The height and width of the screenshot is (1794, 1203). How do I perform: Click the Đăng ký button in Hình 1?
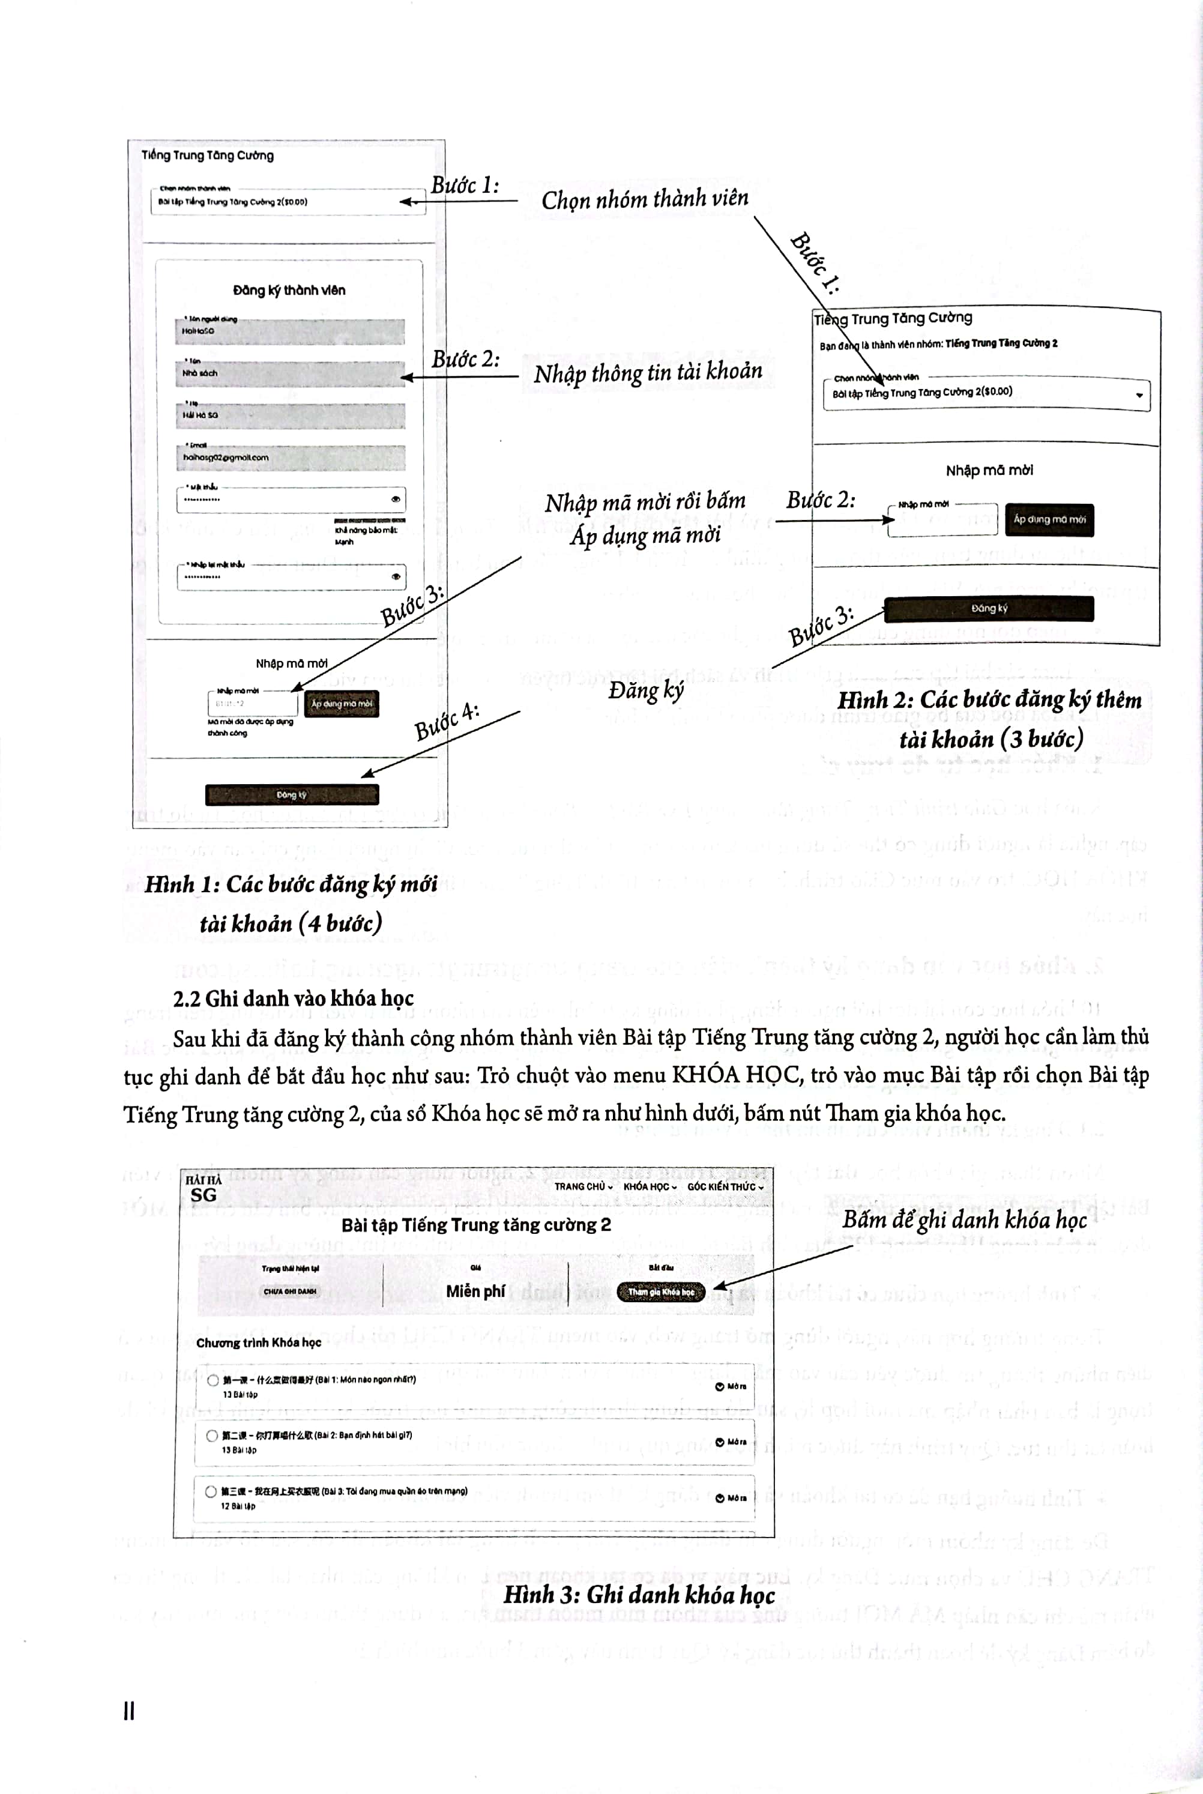coord(292,794)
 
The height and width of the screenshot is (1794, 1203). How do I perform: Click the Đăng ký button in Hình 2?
coord(988,608)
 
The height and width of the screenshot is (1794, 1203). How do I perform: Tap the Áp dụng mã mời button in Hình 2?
coord(1049,519)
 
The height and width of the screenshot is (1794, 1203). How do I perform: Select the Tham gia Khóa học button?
coord(660,1291)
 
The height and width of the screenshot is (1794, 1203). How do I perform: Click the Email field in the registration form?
coord(290,458)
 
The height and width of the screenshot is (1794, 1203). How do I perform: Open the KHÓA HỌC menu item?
coord(649,1186)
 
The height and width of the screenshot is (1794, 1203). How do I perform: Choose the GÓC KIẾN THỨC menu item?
coord(724,1186)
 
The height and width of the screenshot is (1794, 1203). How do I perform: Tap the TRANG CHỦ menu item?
coord(583,1186)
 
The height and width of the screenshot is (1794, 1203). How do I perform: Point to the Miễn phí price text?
coord(475,1291)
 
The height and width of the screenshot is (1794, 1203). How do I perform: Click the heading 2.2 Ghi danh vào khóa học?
coord(293,998)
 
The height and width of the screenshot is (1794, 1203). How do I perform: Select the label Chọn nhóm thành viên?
coord(645,199)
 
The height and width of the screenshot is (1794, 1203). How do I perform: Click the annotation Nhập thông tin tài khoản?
coord(648,373)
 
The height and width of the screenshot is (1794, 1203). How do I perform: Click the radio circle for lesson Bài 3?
coord(210,1491)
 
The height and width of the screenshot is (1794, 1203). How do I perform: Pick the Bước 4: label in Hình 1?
coord(447,722)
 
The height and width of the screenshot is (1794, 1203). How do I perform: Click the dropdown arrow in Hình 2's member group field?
coord(1139,395)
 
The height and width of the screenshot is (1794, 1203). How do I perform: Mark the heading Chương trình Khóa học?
coord(259,1342)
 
